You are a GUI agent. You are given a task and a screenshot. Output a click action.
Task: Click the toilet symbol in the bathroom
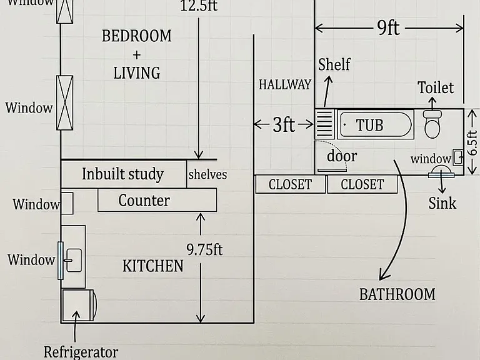tap(432, 124)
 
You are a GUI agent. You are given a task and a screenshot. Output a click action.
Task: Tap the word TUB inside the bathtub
tap(369, 125)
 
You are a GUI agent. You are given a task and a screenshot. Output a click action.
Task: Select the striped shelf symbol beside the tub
tap(324, 124)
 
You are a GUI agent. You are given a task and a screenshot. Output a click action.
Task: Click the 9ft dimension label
tap(388, 28)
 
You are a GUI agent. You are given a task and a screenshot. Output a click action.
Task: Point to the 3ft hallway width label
tap(284, 124)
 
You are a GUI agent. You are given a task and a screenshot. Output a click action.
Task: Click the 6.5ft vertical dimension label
tap(472, 143)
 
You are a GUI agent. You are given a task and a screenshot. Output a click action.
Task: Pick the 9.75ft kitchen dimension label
tap(204, 249)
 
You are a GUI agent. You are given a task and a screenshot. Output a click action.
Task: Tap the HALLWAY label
tap(285, 85)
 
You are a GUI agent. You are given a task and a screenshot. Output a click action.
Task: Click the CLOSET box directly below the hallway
tap(290, 184)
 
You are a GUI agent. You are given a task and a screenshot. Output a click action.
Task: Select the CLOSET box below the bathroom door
tap(362, 184)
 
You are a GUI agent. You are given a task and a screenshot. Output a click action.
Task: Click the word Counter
tap(144, 201)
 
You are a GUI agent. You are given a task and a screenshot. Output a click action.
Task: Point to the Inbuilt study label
tap(122, 174)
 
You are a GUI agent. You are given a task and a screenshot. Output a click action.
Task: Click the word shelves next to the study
tap(208, 174)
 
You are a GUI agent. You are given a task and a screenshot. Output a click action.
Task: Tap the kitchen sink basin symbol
tap(74, 260)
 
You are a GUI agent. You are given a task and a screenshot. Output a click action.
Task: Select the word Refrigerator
tap(81, 352)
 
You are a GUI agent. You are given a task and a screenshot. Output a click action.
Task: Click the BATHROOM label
tap(397, 294)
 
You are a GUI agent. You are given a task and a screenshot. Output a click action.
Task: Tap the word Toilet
tap(436, 87)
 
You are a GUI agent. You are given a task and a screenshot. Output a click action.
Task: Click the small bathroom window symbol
tap(458, 157)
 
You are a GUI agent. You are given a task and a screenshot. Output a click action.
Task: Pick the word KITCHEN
tap(152, 266)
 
